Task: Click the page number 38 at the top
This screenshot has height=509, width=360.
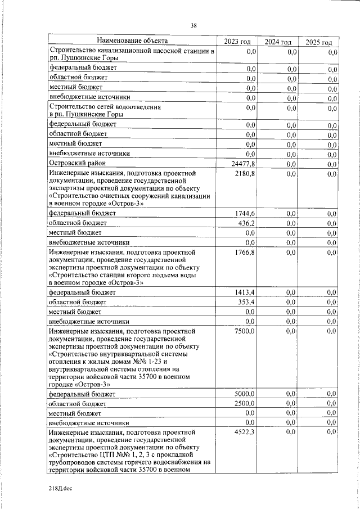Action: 193,25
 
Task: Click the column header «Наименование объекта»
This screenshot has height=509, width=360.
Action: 132,40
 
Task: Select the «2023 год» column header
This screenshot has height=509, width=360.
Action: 237,42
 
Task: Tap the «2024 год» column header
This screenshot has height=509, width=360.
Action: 278,42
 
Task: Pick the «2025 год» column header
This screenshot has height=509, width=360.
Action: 318,43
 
